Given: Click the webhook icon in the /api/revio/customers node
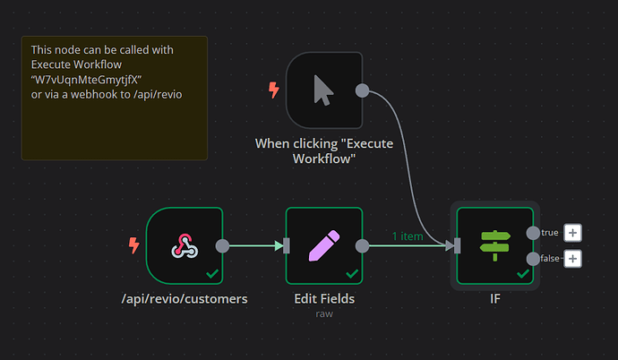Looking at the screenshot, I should point(184,245).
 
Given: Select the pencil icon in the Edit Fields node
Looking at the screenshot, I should point(323,245).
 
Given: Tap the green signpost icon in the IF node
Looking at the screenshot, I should point(494,245).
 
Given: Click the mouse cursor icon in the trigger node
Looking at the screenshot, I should point(323,90).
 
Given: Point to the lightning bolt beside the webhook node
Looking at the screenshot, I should point(134,244).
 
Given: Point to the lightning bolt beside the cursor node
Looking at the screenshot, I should point(274,90).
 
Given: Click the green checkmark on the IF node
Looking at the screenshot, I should point(522,273).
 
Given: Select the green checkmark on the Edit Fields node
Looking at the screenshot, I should point(351,273).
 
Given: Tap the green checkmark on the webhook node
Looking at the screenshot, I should point(211,273).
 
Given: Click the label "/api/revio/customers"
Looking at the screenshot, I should point(184,298).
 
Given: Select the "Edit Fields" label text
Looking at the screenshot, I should point(323,298).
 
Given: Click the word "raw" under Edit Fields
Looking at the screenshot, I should point(323,313).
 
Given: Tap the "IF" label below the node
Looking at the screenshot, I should point(494,298).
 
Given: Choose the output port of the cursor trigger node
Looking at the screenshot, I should point(362,90).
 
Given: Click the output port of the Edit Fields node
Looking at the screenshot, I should point(362,245).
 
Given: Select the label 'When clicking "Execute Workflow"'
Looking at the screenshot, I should point(323,150).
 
